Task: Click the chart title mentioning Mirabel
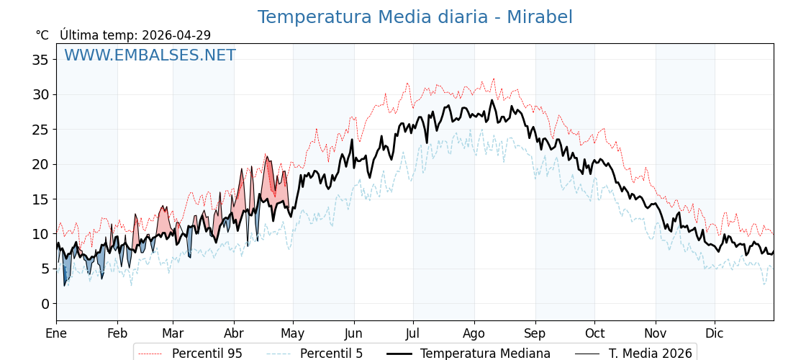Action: coord(415,17)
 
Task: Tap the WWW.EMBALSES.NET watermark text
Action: coord(150,55)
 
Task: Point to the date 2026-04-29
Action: coord(176,35)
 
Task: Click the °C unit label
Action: coord(42,35)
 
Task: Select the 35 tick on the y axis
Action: coord(40,60)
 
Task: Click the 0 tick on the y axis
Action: coord(45,304)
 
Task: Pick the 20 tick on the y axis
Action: coord(40,164)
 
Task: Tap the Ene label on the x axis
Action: coord(56,333)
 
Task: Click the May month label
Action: coord(293,333)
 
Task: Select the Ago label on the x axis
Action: coord(474,333)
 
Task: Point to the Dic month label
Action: coord(715,333)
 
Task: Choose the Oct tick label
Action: coord(594,333)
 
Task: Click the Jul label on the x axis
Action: coord(413,333)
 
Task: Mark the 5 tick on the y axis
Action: coord(45,269)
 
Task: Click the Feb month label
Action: coord(117,333)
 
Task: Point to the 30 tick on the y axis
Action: coord(40,94)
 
